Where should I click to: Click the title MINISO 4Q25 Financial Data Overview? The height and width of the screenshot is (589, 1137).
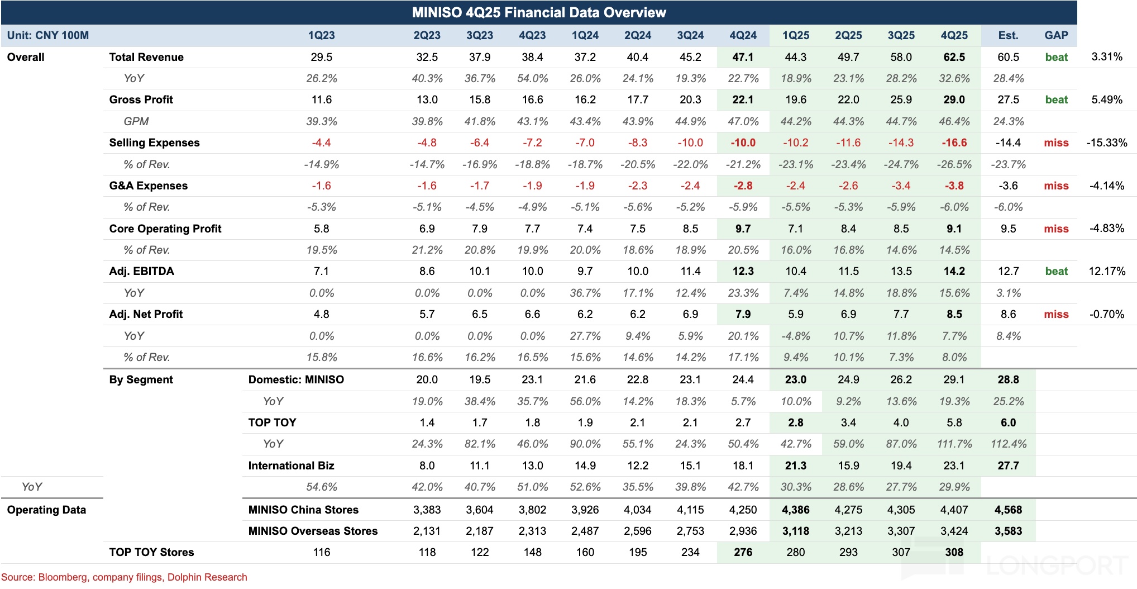tap(538, 12)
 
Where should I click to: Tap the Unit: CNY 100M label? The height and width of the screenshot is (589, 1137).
tap(48, 35)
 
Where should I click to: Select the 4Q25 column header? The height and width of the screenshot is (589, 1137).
tap(954, 35)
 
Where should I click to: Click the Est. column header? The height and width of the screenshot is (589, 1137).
tap(1008, 35)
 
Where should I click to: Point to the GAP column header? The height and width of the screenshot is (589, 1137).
tap(1056, 35)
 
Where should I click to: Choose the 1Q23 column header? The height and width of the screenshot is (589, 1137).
tap(321, 35)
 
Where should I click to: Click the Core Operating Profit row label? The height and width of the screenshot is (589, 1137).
tap(165, 229)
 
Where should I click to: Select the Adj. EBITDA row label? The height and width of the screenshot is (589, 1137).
tap(141, 271)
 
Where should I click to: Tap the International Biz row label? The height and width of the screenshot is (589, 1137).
tap(291, 465)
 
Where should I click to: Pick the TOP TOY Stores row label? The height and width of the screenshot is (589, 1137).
tap(151, 552)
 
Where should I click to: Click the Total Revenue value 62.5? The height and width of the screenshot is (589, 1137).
tap(954, 57)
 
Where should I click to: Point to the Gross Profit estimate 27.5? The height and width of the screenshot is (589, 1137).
tap(1008, 99)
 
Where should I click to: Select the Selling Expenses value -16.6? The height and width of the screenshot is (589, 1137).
tap(954, 142)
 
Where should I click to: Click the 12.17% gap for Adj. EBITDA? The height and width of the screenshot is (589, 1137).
tap(1106, 271)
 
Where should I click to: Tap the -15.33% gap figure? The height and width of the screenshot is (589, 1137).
tap(1106, 142)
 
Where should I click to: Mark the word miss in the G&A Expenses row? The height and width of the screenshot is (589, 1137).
tap(1056, 186)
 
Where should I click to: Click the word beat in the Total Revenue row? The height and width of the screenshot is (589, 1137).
tap(1056, 57)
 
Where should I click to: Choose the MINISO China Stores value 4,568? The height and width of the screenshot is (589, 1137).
tap(1008, 510)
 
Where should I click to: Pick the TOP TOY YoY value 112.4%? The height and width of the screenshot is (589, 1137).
tap(1008, 444)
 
